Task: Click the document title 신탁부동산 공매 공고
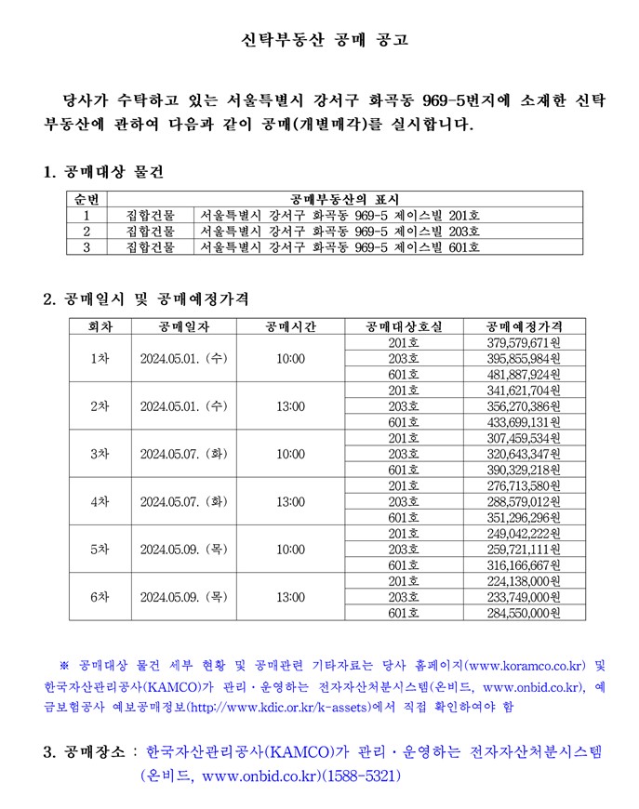pos(319,40)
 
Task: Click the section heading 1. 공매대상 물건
pos(103,172)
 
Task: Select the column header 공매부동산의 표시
pos(344,199)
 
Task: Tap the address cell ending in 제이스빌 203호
pos(340,231)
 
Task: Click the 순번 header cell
pos(87,199)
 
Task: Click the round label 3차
pos(100,454)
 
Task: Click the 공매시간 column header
pos(291,326)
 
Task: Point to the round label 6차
pos(100,597)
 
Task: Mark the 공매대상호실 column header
pos(404,326)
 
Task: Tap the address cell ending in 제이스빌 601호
pos(340,246)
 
